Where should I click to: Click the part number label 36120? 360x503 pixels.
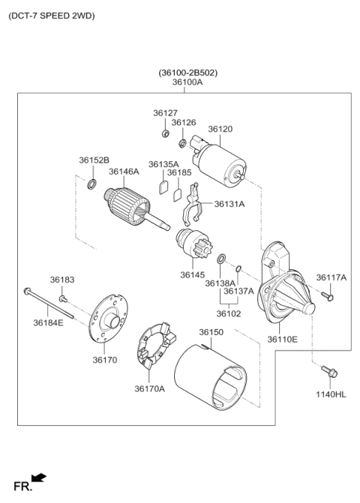[220, 129]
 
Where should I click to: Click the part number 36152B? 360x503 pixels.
[94, 160]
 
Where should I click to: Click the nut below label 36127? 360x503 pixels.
[164, 133]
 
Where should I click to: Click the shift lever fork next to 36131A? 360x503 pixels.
[192, 211]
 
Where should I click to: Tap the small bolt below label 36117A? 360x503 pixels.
[327, 297]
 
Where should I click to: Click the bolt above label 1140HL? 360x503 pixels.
[331, 370]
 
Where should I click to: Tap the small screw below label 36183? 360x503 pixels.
[64, 298]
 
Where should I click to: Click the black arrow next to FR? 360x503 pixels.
[39, 478]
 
